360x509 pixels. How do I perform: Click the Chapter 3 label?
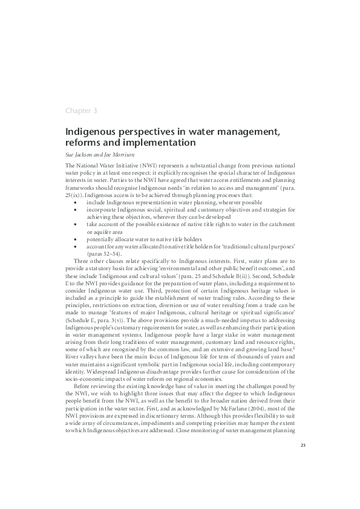click(x=81, y=110)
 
